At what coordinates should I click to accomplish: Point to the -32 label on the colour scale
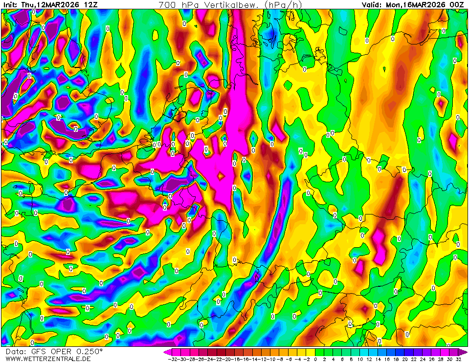coord(172,359)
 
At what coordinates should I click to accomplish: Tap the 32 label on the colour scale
coord(458,359)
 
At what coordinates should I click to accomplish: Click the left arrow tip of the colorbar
coord(165,352)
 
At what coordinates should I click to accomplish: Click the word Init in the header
coord(10,5)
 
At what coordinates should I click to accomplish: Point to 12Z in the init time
coord(91,5)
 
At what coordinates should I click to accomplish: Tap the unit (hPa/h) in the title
coord(286,5)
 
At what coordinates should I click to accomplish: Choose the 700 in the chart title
coord(167,5)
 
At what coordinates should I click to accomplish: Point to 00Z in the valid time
coord(457,5)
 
